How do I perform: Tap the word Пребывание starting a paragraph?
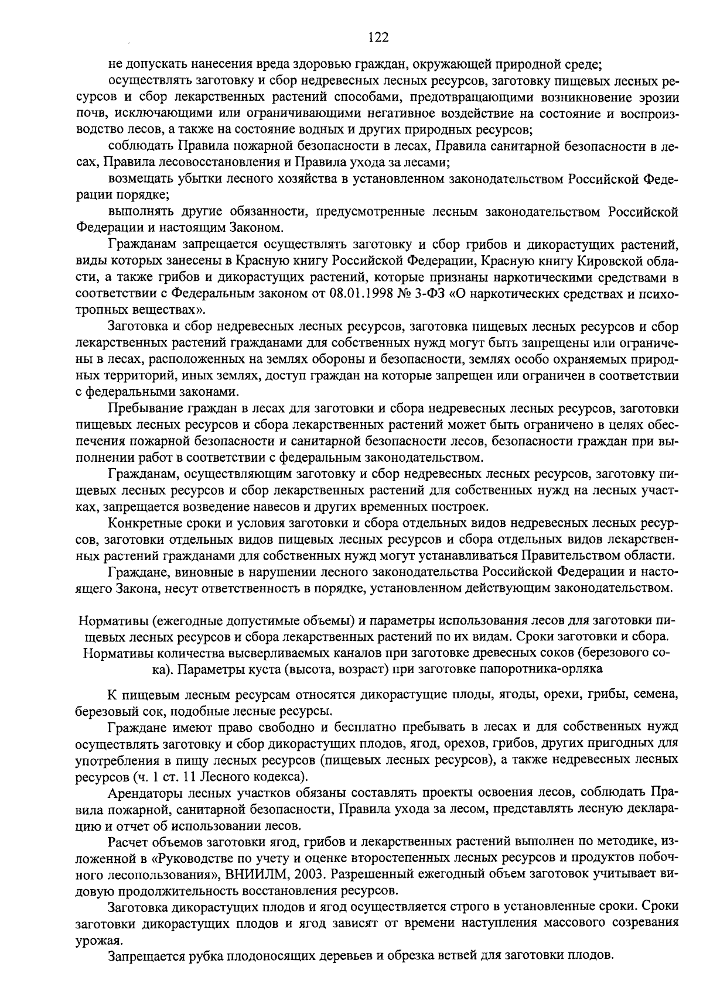point(138,407)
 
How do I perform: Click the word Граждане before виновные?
point(132,570)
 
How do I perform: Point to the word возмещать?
point(135,178)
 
